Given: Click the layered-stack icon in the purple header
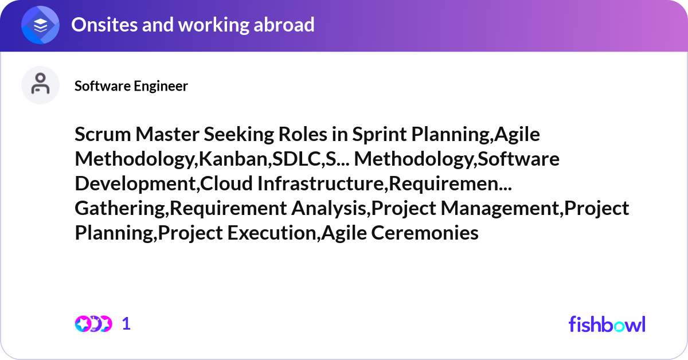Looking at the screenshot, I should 41,25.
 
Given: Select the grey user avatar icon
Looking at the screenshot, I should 40,85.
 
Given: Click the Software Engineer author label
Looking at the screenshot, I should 131,86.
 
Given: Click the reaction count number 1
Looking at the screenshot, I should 126,324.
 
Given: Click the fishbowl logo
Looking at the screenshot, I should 607,324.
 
